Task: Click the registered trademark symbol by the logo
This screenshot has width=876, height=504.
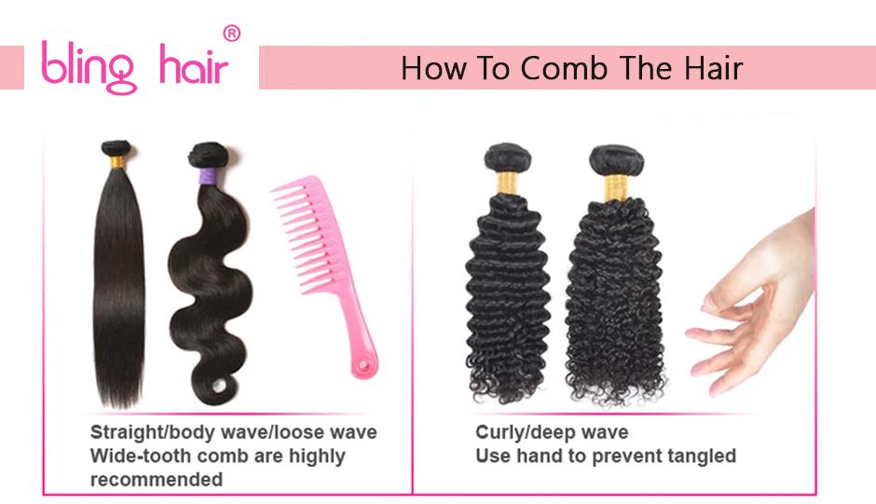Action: coord(233,34)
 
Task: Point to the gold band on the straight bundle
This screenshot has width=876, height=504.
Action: coord(116,162)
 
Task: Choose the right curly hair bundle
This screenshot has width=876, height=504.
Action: coord(612,289)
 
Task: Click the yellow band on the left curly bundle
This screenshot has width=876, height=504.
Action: coord(507,180)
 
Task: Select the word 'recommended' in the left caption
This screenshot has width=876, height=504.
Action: coord(156,480)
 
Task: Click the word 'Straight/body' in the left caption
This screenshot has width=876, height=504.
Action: coord(147,432)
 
